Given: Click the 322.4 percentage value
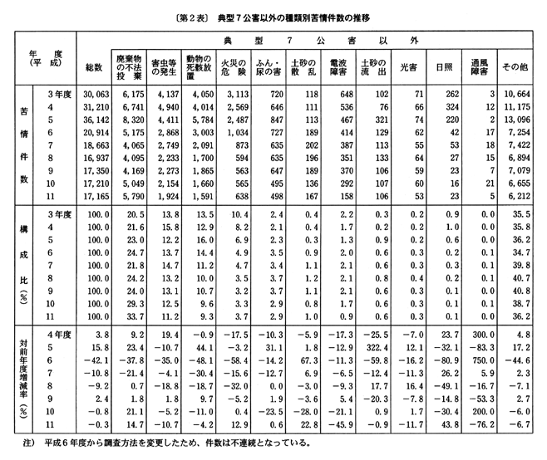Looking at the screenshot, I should (x=373, y=350).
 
